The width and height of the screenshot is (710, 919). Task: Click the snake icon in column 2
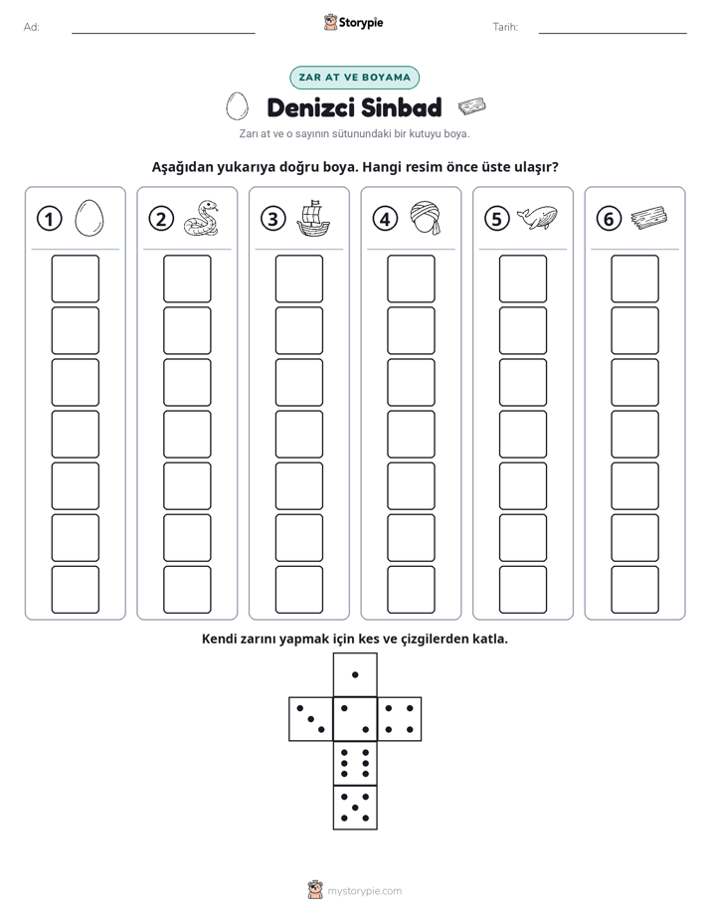click(x=201, y=219)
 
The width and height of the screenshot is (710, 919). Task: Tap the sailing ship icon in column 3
click(x=313, y=219)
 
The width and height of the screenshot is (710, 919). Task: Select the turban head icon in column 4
click(x=425, y=218)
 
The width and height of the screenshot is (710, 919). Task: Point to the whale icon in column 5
click(x=537, y=218)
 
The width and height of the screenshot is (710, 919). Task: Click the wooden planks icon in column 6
click(x=649, y=218)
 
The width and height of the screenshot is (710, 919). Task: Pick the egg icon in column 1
click(x=89, y=219)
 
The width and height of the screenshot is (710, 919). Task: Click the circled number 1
click(x=49, y=219)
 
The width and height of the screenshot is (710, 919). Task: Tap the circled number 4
click(x=385, y=219)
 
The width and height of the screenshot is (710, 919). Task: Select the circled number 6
click(x=609, y=219)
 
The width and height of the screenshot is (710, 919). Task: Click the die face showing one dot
click(x=355, y=674)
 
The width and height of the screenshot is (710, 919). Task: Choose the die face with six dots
click(x=355, y=763)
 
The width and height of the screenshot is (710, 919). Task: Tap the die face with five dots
click(x=355, y=807)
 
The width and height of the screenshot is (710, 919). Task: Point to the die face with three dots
click(x=311, y=718)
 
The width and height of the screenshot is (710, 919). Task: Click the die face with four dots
click(x=400, y=718)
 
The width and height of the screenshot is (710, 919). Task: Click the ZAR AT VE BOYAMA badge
click(x=354, y=78)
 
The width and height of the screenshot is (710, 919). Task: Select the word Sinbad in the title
click(x=402, y=107)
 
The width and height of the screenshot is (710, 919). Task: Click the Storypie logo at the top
click(x=354, y=22)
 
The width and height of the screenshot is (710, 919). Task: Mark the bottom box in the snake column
click(x=187, y=590)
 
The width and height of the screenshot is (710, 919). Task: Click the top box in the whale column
click(x=523, y=278)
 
